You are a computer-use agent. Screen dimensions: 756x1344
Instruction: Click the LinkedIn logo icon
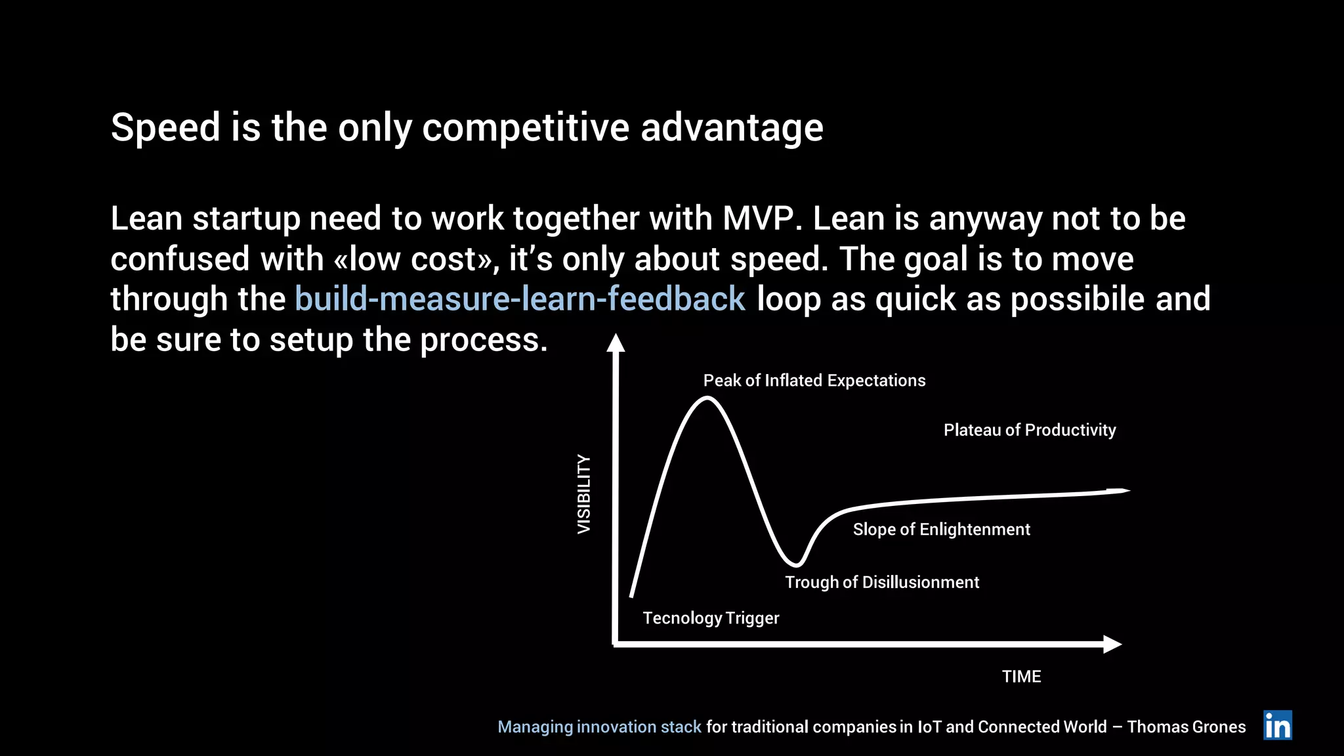(1277, 725)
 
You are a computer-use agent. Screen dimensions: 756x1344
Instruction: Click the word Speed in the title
(165, 127)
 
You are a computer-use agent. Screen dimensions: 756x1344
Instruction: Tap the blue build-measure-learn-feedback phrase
(520, 299)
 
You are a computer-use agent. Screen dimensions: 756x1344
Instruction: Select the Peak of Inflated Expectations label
(814, 381)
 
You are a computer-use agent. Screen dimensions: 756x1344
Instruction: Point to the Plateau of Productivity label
(1029, 430)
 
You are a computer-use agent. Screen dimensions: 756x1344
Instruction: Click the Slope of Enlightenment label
(941, 530)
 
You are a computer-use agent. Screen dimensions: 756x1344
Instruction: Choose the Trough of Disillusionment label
(881, 582)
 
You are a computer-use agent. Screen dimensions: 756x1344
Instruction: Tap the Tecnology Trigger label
(710, 618)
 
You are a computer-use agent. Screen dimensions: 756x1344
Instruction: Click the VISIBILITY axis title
(583, 493)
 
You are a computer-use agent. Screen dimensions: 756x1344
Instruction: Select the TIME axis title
(1021, 677)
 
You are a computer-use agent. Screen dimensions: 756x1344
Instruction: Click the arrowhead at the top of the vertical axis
(615, 343)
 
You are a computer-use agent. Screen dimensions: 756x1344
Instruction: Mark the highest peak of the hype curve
(706, 398)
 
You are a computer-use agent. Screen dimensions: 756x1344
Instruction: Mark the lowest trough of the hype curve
(796, 564)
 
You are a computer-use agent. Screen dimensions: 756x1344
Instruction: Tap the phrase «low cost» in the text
(412, 259)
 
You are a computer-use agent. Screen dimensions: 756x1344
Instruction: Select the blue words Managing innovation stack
(599, 727)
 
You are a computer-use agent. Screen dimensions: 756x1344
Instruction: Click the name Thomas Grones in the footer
(1186, 727)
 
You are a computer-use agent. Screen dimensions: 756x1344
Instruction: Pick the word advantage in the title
(731, 127)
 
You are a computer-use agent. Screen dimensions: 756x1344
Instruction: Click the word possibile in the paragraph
(1077, 299)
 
